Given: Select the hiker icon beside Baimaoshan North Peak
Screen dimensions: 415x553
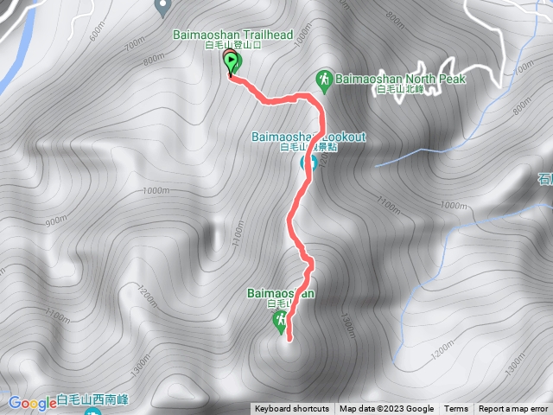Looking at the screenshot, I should [324, 79].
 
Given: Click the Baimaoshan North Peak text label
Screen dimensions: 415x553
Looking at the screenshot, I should [402, 79].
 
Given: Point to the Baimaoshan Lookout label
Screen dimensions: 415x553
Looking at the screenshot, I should [308, 137].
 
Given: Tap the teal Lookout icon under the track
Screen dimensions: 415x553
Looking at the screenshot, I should [305, 163].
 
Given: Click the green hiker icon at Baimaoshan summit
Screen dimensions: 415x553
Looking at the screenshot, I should [279, 322].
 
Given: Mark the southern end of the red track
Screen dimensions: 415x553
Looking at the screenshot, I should [288, 340].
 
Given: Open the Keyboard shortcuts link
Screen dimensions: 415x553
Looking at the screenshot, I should [291, 409].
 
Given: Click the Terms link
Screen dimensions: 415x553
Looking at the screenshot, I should [456, 409].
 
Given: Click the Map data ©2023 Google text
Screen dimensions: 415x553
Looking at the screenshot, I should [386, 409].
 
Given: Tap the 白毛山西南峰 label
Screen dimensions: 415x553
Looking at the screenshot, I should [92, 400].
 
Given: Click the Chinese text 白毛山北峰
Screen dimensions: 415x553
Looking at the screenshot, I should [401, 91].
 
